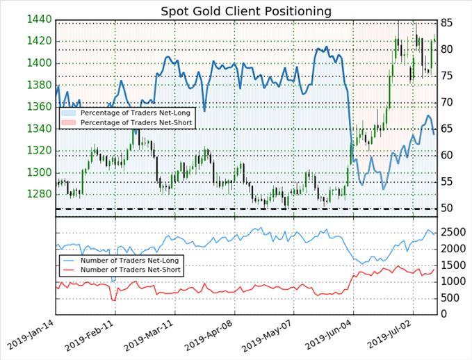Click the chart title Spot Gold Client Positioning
coord(236,11)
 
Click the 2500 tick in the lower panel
coord(451,231)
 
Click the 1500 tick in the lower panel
coord(451,265)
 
